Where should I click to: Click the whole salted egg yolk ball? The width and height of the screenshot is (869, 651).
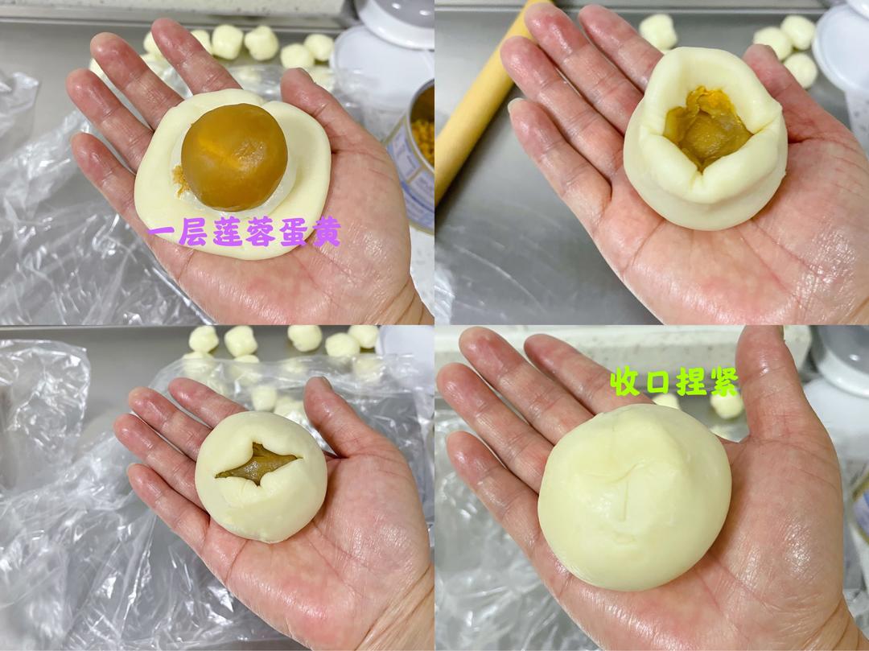pyautogui.click(x=234, y=157)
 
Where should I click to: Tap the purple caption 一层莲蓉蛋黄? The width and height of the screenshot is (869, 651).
pyautogui.click(x=244, y=232)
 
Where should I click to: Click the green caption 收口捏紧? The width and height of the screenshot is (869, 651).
pyautogui.click(x=674, y=381)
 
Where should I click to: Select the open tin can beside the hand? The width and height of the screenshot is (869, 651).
pyautogui.click(x=415, y=153)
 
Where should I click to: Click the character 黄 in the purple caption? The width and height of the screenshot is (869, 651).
pyautogui.click(x=328, y=232)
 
